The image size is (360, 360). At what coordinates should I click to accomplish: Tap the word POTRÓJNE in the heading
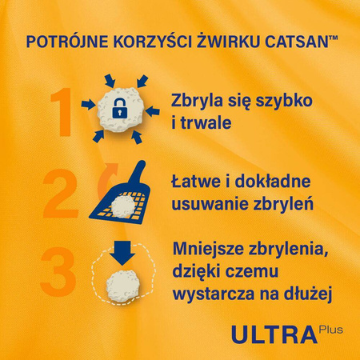tap(63, 42)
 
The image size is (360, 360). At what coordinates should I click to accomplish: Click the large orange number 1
tap(63, 110)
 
